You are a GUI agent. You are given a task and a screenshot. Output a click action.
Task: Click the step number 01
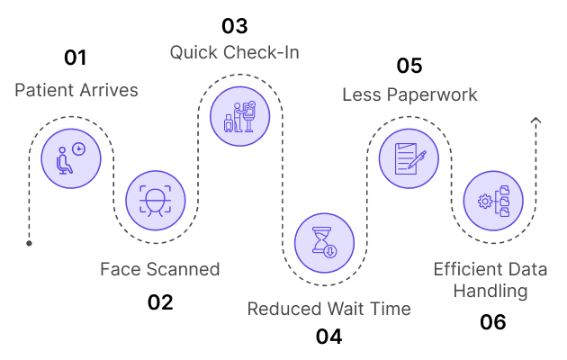coord(76,58)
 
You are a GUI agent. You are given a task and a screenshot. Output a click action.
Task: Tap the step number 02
coord(160,302)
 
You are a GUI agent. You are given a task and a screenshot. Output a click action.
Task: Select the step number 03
coord(235,26)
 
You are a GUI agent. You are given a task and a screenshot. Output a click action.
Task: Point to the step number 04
coord(328,337)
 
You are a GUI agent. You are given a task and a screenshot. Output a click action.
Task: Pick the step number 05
coord(409,66)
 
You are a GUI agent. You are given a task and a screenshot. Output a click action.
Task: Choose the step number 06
coord(493,321)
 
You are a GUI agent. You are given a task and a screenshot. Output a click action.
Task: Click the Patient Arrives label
coord(76,90)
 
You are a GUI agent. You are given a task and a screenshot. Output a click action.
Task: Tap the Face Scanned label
coord(160,269)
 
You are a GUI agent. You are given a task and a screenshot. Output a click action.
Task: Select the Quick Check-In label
coord(235,53)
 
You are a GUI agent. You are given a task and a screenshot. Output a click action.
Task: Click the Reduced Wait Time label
coord(329,309)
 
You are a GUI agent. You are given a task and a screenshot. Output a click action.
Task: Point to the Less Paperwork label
coord(409,95)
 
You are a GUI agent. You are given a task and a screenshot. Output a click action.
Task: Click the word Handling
coord(490,291)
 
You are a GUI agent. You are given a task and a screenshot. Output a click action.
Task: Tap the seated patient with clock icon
coord(71,158)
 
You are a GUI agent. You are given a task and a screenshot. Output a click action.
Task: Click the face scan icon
coord(156,201)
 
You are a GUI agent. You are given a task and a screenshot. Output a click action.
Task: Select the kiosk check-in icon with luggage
coord(239,116)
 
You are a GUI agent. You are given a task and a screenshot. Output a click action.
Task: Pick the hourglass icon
coord(324,242)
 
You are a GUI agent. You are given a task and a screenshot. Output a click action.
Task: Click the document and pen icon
coord(409,158)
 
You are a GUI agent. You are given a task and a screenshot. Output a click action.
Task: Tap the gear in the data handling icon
coord(484,202)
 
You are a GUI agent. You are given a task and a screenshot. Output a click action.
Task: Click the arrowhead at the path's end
coord(535,121)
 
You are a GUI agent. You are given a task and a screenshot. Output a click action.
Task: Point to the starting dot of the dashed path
coord(30,243)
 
